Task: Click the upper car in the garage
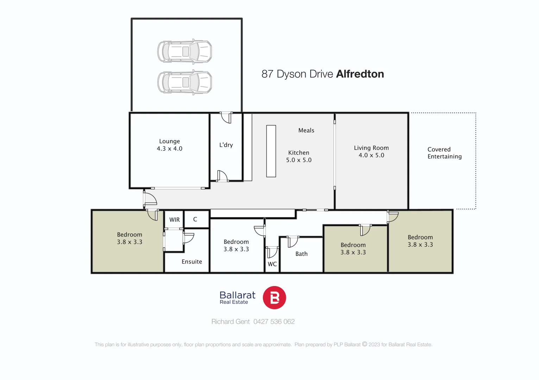[184, 51]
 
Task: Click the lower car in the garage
[184, 82]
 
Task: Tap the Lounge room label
[169, 141]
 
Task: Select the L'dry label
[226, 145]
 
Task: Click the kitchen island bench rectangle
[271, 151]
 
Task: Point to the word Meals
[306, 131]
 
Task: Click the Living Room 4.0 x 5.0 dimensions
[371, 156]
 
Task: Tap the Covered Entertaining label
[444, 153]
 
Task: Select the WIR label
[174, 220]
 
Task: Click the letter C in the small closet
[195, 219]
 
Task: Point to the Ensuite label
[192, 262]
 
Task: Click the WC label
[272, 264]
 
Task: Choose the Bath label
[301, 254]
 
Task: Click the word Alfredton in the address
[360, 74]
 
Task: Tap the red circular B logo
[274, 298]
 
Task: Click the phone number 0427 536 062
[274, 322]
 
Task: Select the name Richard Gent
[230, 322]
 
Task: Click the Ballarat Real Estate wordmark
[237, 298]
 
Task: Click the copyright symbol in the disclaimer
[364, 344]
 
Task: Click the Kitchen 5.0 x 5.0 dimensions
[299, 160]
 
